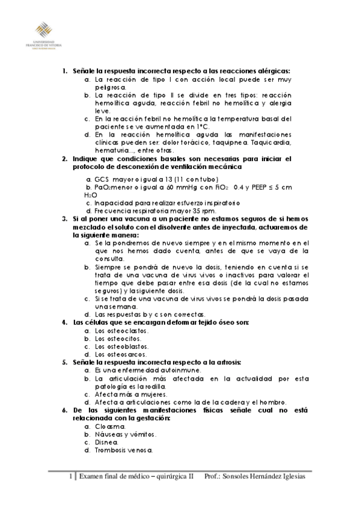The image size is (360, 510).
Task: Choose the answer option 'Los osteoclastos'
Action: click(123, 330)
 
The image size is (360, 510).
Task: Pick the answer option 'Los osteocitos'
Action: click(120, 338)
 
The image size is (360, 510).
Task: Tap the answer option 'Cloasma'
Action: click(111, 426)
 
